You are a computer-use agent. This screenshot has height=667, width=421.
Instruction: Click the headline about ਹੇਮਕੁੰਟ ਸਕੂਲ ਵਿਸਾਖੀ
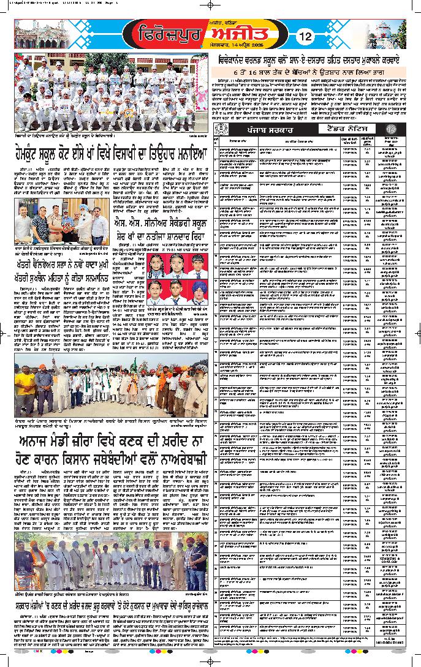[111, 153]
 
